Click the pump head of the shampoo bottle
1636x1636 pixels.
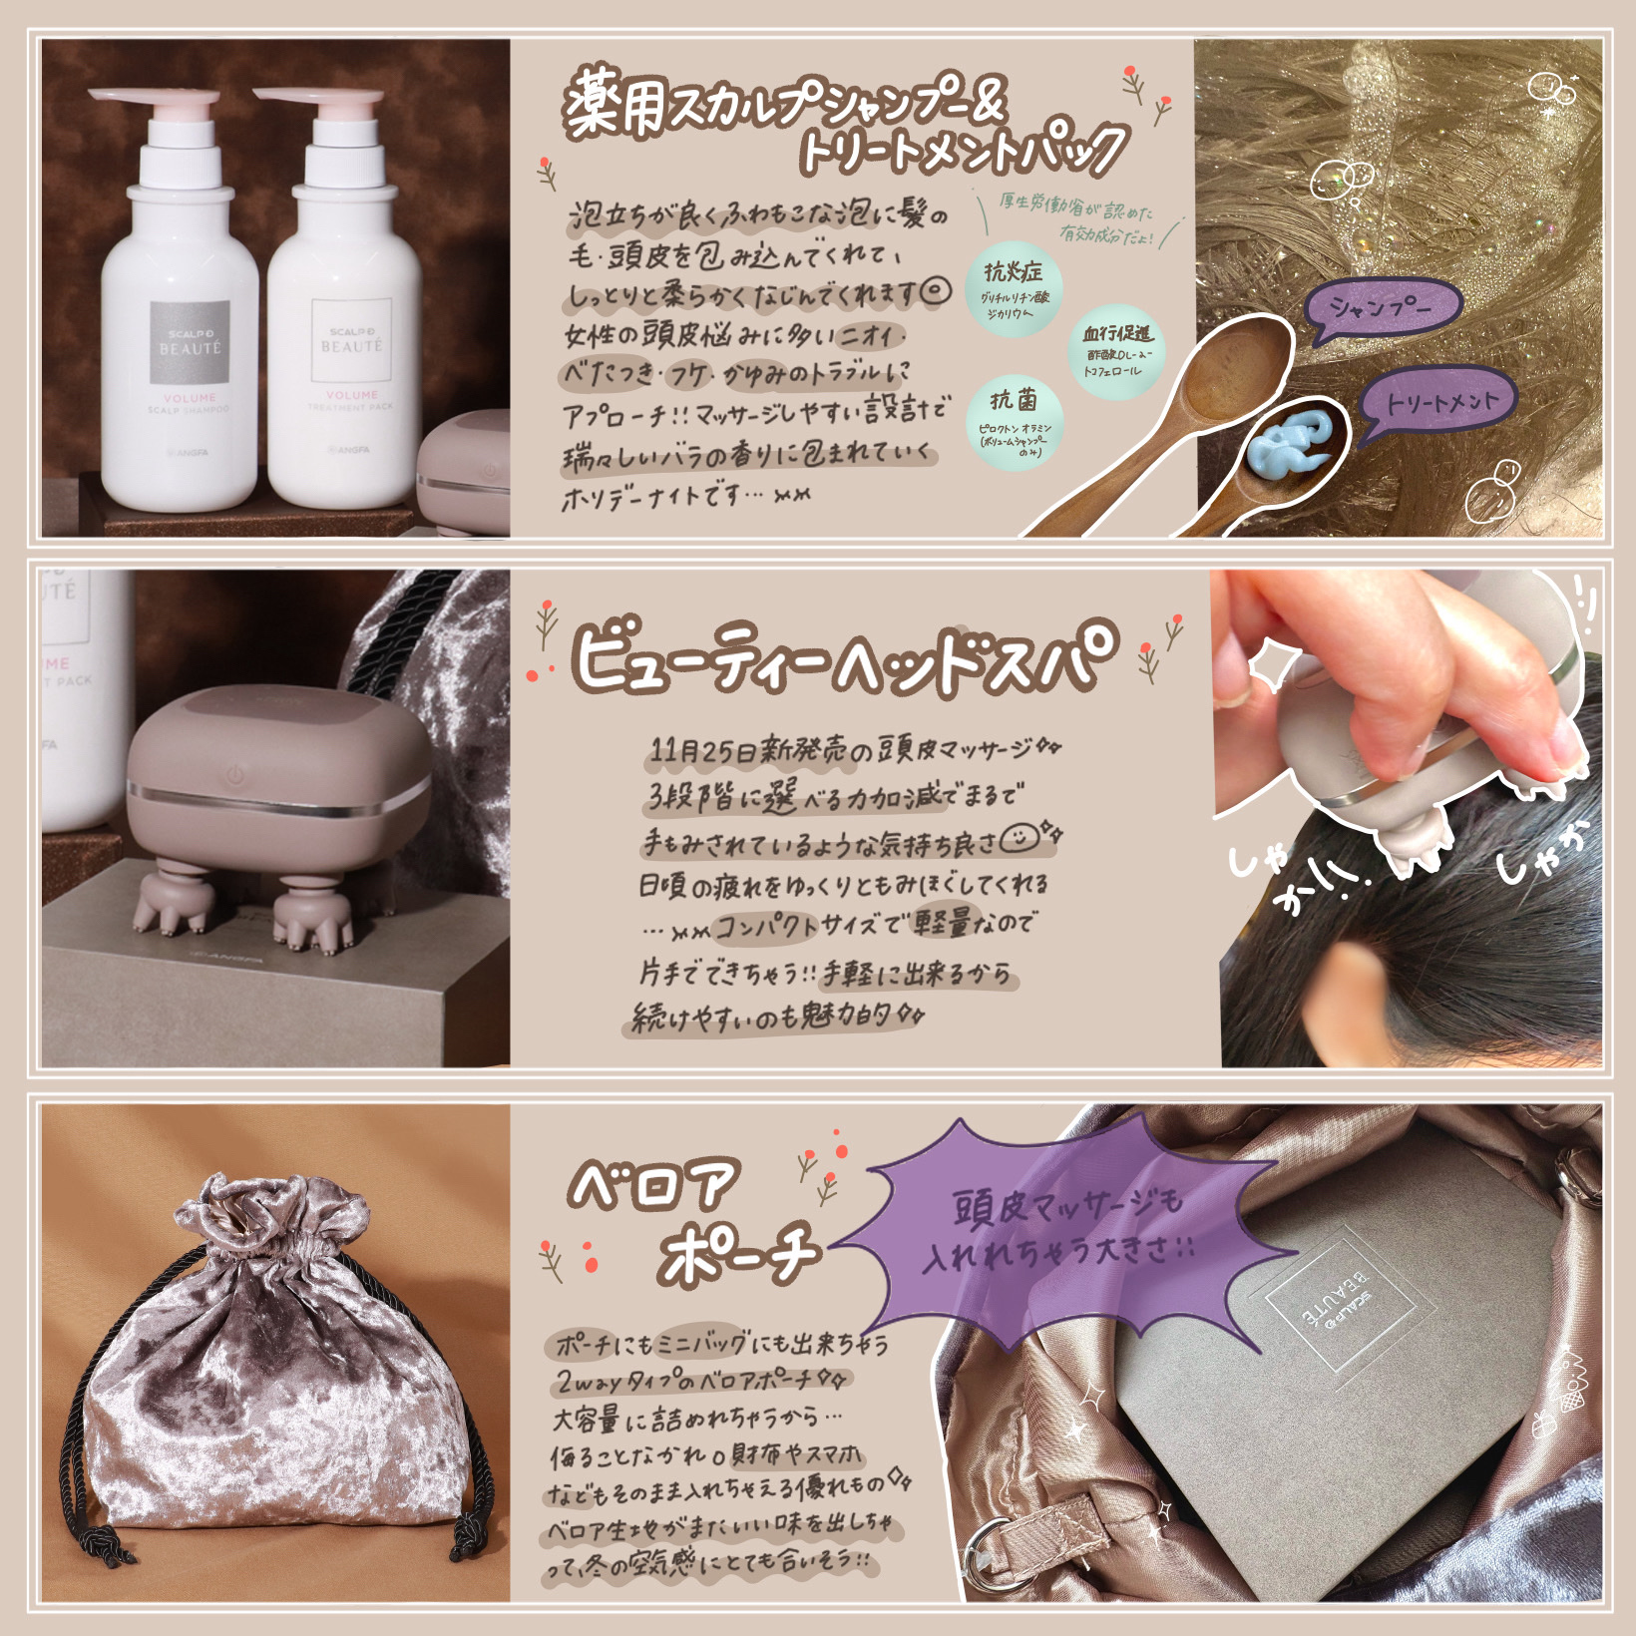click(154, 101)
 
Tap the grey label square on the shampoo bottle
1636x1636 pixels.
click(190, 341)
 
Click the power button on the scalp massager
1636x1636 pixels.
click(233, 773)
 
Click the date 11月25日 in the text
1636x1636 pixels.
click(703, 749)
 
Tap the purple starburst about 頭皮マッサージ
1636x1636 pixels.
click(1057, 1231)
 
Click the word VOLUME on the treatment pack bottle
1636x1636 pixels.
click(351, 394)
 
